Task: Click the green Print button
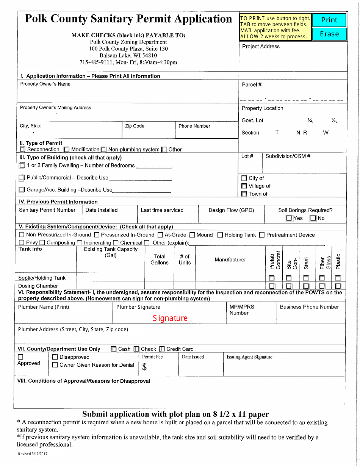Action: pyautogui.click(x=329, y=20)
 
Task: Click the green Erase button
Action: pyautogui.click(x=329, y=34)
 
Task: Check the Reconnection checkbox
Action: pyautogui.click(x=23, y=150)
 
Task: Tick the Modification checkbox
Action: pyautogui.click(x=67, y=150)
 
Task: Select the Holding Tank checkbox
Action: pyautogui.click(x=220, y=235)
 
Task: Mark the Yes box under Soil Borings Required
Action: pyautogui.click(x=290, y=218)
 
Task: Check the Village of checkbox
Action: pyautogui.click(x=244, y=186)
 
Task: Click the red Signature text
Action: pyautogui.click(x=170, y=318)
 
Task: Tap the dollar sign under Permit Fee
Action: pyautogui.click(x=144, y=367)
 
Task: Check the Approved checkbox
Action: pyautogui.click(x=20, y=357)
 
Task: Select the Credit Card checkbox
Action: pyautogui.click(x=162, y=349)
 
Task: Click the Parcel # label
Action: pyautogui.click(x=252, y=85)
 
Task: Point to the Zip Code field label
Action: pyautogui.click(x=135, y=126)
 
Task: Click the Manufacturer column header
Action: pyautogui.click(x=230, y=260)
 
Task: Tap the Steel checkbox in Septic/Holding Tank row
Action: pyautogui.click(x=306, y=278)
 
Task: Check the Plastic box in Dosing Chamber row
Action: pyautogui.click(x=338, y=286)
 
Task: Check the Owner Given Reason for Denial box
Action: pyautogui.click(x=55, y=365)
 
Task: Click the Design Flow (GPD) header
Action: pyautogui.click(x=231, y=210)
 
